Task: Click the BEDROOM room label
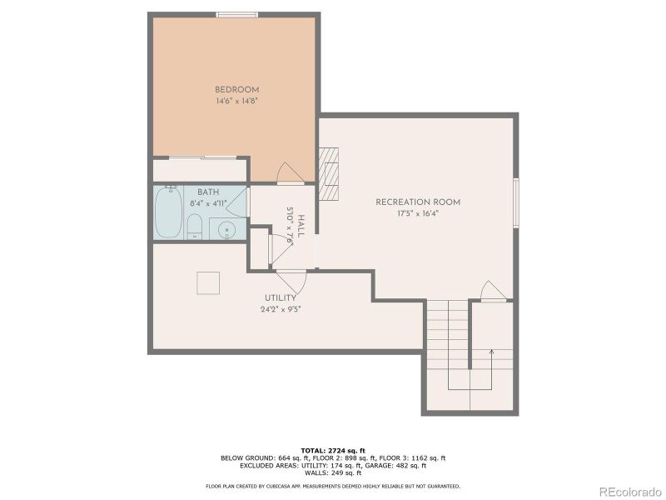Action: pos(236,90)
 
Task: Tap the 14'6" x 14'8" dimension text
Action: pos(236,102)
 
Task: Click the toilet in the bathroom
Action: pos(194,226)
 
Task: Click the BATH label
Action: pos(208,192)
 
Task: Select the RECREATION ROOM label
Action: pos(417,202)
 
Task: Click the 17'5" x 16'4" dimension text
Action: pos(417,213)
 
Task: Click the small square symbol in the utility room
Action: pos(208,283)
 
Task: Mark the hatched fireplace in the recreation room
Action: pos(330,174)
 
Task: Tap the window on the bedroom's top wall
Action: pos(236,14)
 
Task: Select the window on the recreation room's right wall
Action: pos(516,202)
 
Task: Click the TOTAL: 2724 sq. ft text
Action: pos(332,450)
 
